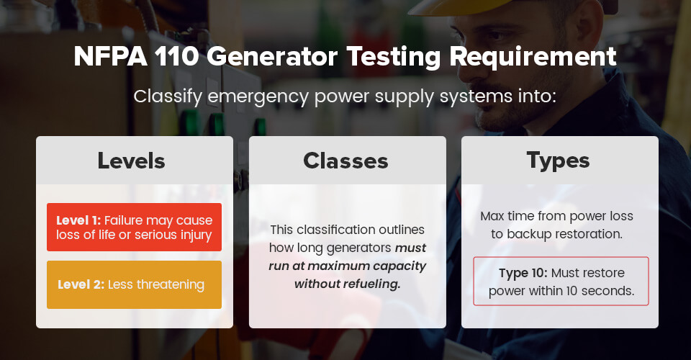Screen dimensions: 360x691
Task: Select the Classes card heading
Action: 345,161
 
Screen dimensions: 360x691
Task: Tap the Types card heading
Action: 559,161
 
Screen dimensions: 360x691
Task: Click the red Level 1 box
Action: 134,228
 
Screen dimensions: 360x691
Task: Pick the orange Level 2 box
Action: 134,284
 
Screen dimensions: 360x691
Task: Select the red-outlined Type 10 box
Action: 561,282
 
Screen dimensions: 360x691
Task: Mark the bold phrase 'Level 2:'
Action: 81,284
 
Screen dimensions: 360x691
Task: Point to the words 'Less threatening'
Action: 156,284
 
